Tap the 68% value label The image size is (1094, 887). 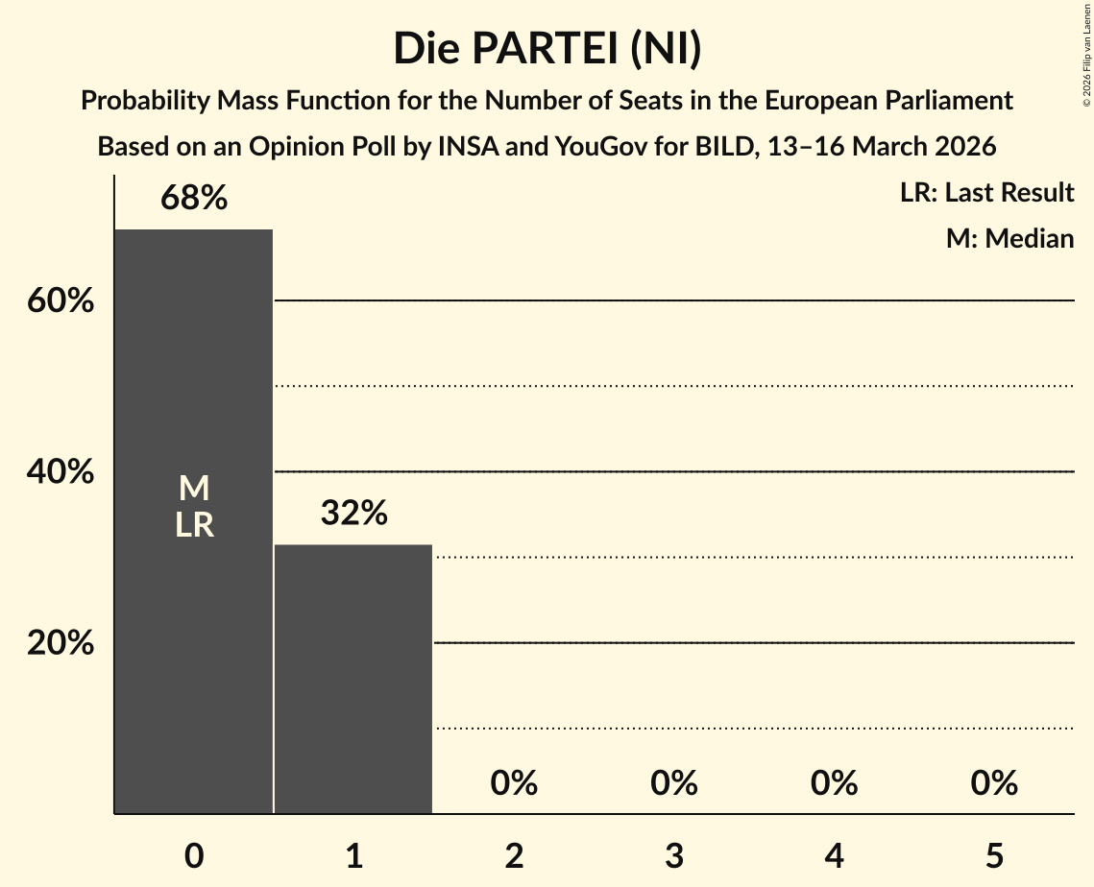(x=194, y=199)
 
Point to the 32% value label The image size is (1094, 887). (x=353, y=514)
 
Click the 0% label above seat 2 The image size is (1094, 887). (x=514, y=783)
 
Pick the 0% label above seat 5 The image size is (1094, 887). (x=994, y=783)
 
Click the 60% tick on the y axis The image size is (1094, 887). (x=61, y=301)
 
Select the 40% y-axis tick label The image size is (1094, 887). (x=61, y=472)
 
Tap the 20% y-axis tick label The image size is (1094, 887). (x=61, y=643)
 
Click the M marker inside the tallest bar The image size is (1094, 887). (x=194, y=489)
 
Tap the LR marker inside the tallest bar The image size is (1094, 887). (x=194, y=525)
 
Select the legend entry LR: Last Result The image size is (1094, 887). (x=986, y=193)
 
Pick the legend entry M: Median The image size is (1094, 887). (x=1009, y=238)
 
